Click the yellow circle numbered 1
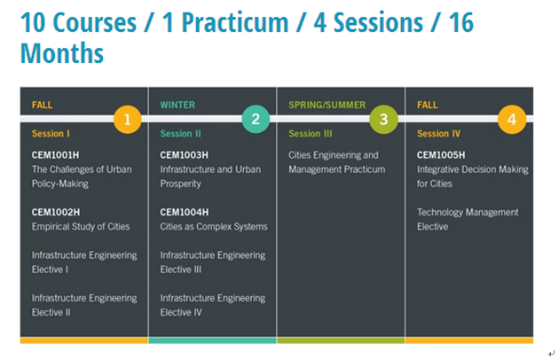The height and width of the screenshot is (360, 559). [x=127, y=120]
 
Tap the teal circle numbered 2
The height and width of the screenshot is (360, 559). [x=256, y=119]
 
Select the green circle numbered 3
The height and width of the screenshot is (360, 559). [x=383, y=120]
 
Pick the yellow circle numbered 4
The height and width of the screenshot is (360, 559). [x=512, y=120]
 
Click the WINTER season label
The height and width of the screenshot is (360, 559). [x=177, y=105]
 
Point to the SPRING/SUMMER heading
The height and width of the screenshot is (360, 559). [x=327, y=105]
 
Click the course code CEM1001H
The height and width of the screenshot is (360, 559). [x=55, y=155]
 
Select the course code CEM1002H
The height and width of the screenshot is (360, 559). [x=56, y=212]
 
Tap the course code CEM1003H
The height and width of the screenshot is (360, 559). [x=184, y=155]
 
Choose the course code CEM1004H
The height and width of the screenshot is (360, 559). [x=184, y=212]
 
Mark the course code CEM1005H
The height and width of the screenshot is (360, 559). [x=441, y=155]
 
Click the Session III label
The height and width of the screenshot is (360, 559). [x=311, y=134]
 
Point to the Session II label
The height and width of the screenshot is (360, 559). [x=180, y=134]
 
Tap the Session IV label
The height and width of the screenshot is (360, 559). [x=438, y=134]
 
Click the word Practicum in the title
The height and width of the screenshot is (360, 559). [x=235, y=23]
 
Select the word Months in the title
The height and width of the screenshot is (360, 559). [x=62, y=52]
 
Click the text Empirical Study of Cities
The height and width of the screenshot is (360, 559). [x=81, y=226]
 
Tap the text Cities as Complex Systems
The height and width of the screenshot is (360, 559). [x=214, y=226]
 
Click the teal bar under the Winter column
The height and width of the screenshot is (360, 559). [x=212, y=340]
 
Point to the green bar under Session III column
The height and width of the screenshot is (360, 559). [x=341, y=340]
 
